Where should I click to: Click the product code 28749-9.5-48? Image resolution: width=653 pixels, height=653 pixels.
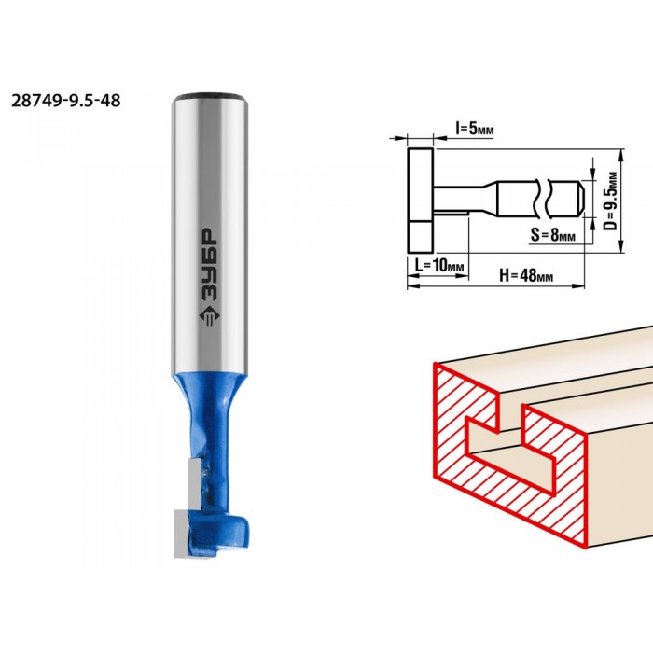(x=66, y=101)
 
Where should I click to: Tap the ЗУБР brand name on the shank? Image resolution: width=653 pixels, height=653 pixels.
(x=209, y=265)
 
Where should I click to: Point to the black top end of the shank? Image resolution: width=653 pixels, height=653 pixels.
(x=211, y=97)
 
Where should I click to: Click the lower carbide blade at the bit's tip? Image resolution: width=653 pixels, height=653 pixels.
(x=182, y=534)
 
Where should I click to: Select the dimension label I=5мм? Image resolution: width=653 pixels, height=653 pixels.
(x=475, y=129)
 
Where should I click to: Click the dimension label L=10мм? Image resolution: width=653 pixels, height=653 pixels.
(x=439, y=264)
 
